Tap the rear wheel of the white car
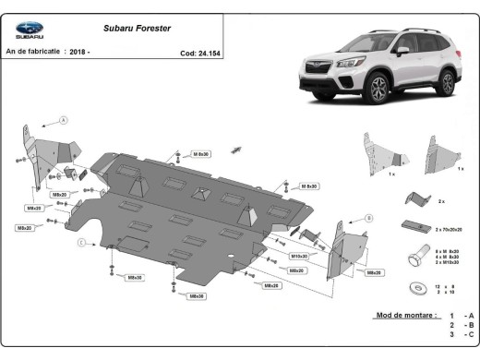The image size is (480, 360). coord(446,81)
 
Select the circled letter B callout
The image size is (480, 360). coord(368,218)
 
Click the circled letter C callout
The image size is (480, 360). coord(81,242)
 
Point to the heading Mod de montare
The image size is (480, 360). coord(405,316)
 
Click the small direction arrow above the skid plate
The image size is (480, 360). coord(238,149)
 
